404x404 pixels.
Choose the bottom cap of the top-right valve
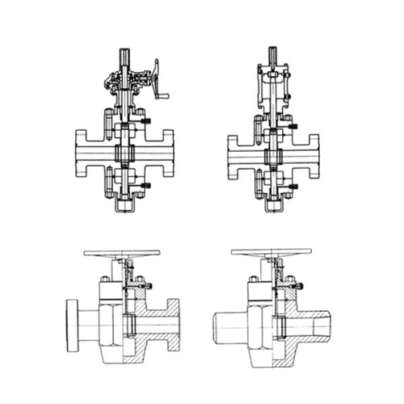click(x=272, y=207)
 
